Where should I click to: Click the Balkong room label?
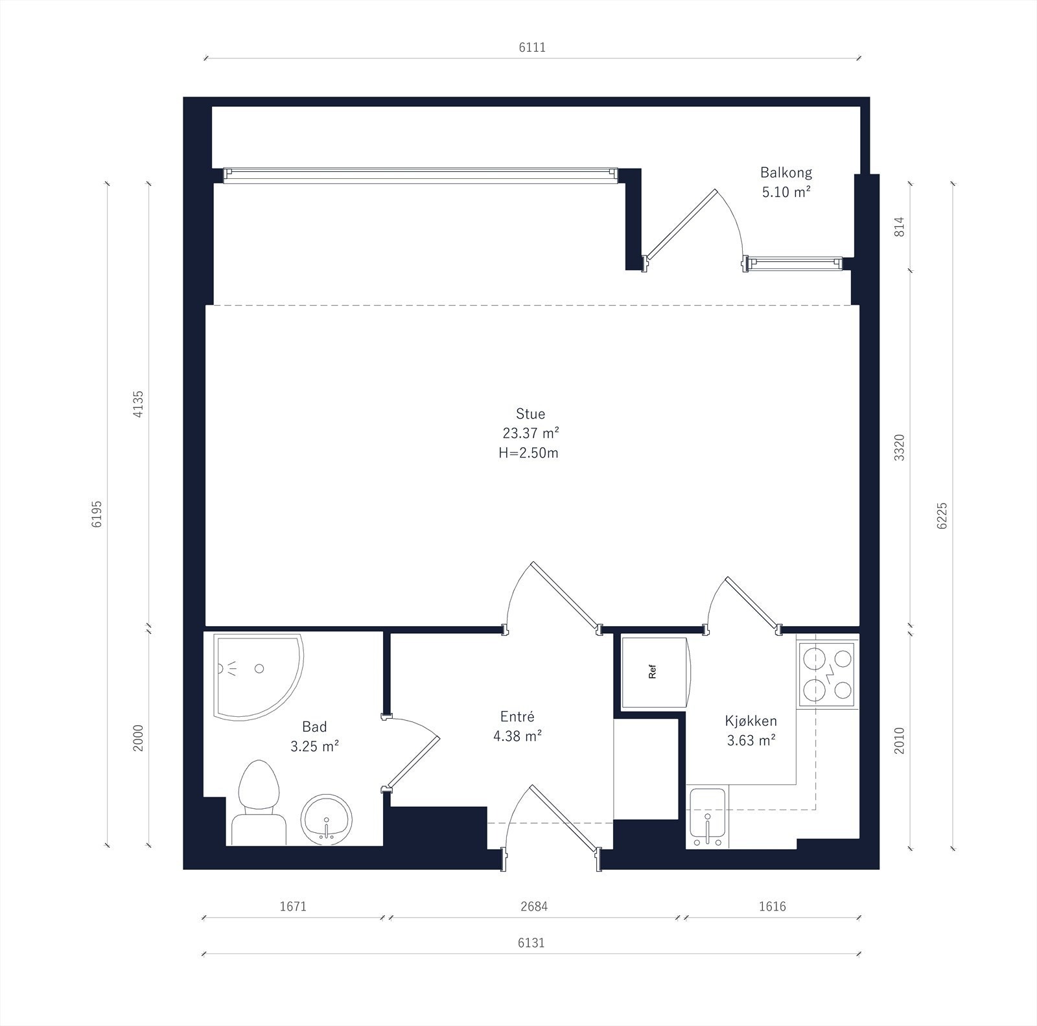click(x=786, y=173)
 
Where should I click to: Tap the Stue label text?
click(x=530, y=414)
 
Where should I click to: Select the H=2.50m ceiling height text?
click(x=528, y=452)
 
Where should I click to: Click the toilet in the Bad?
click(x=259, y=804)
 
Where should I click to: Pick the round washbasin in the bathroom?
click(x=327, y=820)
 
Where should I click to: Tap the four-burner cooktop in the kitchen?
click(x=826, y=673)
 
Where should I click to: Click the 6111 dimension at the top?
click(x=532, y=47)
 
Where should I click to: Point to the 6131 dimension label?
click(x=531, y=942)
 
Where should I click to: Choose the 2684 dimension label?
click(x=534, y=906)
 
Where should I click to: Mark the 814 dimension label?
click(x=899, y=226)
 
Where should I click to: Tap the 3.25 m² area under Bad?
click(x=315, y=746)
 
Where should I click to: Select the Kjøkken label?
click(x=751, y=721)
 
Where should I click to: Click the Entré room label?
click(x=517, y=716)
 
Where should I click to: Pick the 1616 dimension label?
click(x=772, y=906)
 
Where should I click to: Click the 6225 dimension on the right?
click(x=942, y=515)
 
